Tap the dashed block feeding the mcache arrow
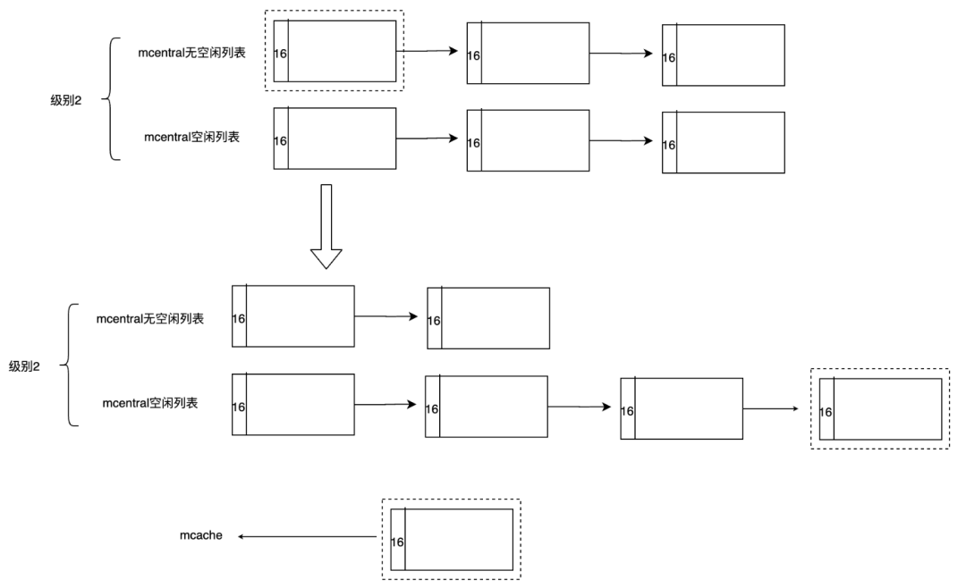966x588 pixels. [451, 539]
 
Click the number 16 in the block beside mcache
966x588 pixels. [398, 542]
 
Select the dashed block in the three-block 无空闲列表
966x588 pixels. [335, 51]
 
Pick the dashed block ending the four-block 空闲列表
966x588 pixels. [880, 409]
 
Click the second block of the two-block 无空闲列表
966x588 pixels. [488, 318]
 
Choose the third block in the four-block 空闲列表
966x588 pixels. [682, 408]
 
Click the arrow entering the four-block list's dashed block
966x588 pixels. [770, 409]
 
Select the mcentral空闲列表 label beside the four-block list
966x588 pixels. [150, 403]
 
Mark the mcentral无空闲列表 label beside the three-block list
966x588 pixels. [192, 53]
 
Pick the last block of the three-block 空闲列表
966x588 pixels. [723, 142]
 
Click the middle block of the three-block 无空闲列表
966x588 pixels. [528, 54]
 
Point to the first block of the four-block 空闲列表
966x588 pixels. [292, 404]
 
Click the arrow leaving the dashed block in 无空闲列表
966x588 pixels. [431, 52]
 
